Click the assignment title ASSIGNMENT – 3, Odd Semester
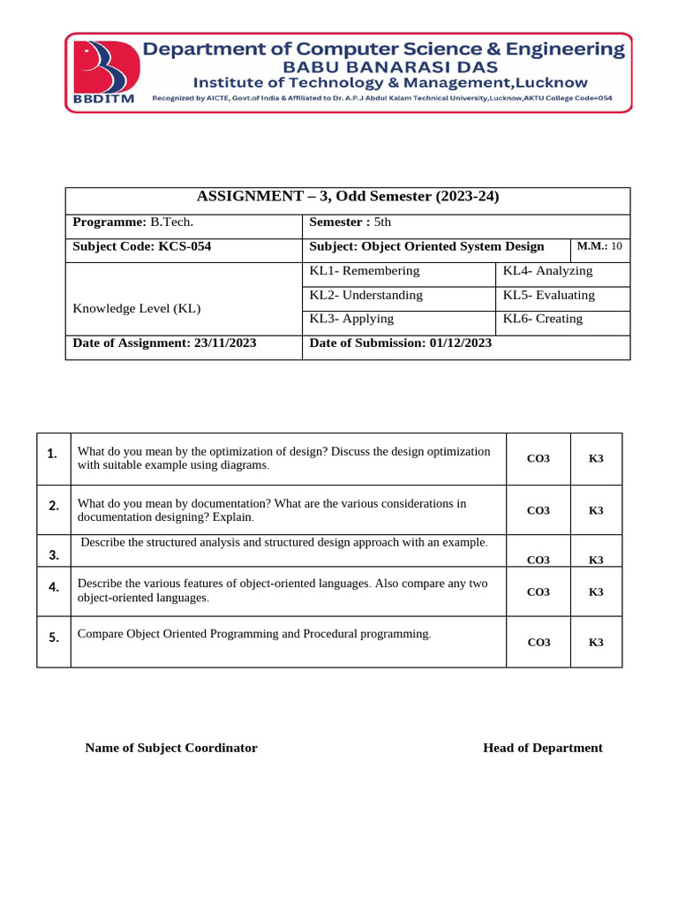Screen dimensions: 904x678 pyautogui.click(x=347, y=198)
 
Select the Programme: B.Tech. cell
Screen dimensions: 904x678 pyautogui.click(x=132, y=222)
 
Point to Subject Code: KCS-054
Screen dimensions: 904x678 pyautogui.click(x=141, y=247)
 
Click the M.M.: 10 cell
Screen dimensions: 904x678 pyautogui.click(x=599, y=246)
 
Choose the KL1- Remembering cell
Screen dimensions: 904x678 pyautogui.click(x=365, y=271)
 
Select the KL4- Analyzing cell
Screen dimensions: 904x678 pyautogui.click(x=547, y=271)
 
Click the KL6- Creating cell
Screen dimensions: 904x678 pyautogui.click(x=542, y=319)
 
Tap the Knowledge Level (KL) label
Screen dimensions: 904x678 pyautogui.click(x=136, y=308)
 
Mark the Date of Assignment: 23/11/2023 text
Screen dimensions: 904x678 pyautogui.click(x=164, y=343)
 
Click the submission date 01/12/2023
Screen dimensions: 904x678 pyautogui.click(x=461, y=343)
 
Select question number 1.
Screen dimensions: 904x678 pyautogui.click(x=54, y=454)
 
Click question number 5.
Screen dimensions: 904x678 pyautogui.click(x=54, y=637)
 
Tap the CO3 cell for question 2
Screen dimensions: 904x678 pyautogui.click(x=538, y=510)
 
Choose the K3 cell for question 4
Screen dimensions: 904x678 pyautogui.click(x=596, y=591)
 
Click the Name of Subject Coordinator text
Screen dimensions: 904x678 pyautogui.click(x=171, y=748)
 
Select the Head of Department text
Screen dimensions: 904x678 pyautogui.click(x=542, y=748)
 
